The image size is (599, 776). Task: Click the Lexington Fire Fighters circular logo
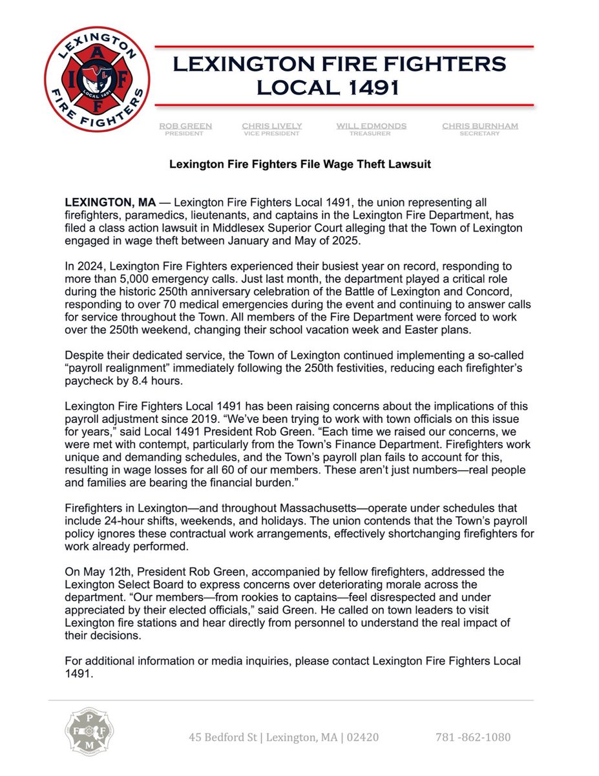tap(97, 78)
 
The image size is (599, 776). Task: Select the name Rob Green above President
tap(185, 125)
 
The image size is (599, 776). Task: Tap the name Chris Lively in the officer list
tap(272, 125)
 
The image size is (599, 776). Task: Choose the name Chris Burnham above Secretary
tap(480, 125)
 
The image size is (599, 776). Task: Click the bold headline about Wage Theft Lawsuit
tap(300, 164)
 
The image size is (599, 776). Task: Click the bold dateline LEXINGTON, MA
tap(110, 202)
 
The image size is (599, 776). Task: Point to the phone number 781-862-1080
tap(472, 737)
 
